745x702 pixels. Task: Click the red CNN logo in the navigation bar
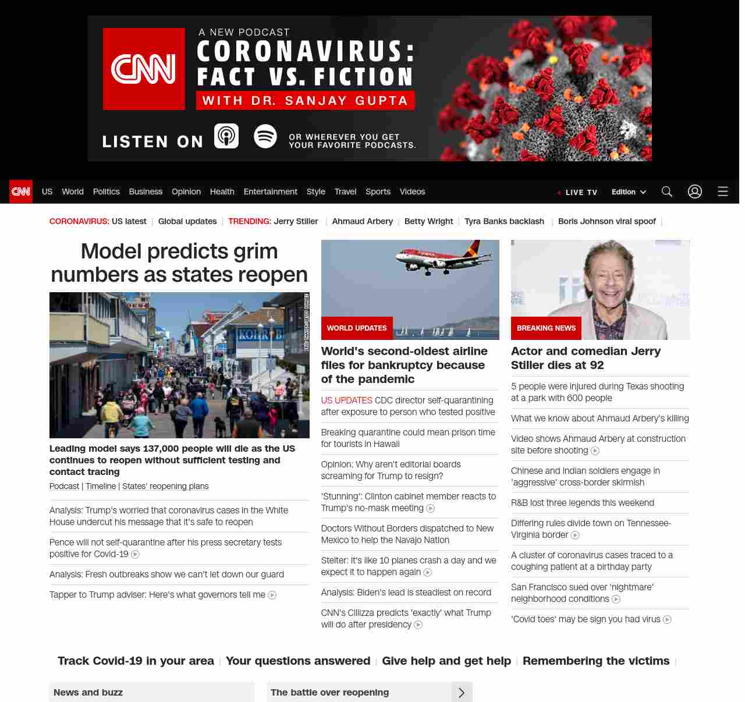(21, 192)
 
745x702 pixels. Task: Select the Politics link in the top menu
(106, 192)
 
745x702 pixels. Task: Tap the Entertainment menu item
(270, 192)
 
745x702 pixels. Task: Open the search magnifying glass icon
(667, 192)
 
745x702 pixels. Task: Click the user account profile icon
(695, 192)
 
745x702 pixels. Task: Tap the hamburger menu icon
(723, 192)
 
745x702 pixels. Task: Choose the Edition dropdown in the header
(629, 192)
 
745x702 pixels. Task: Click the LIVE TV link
(577, 192)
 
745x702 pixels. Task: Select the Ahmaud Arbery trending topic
(362, 221)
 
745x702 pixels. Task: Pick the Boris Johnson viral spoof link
(606, 221)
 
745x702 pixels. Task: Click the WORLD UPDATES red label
(357, 328)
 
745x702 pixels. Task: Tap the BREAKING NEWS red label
(546, 328)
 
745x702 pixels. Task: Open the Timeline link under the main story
(101, 486)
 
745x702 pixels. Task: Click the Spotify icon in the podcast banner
(265, 136)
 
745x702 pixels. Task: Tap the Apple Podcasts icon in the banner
(226, 136)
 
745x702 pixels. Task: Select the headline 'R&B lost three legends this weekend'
(583, 503)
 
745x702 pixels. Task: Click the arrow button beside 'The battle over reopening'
(462, 693)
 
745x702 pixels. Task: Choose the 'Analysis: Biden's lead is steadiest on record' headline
(406, 593)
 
